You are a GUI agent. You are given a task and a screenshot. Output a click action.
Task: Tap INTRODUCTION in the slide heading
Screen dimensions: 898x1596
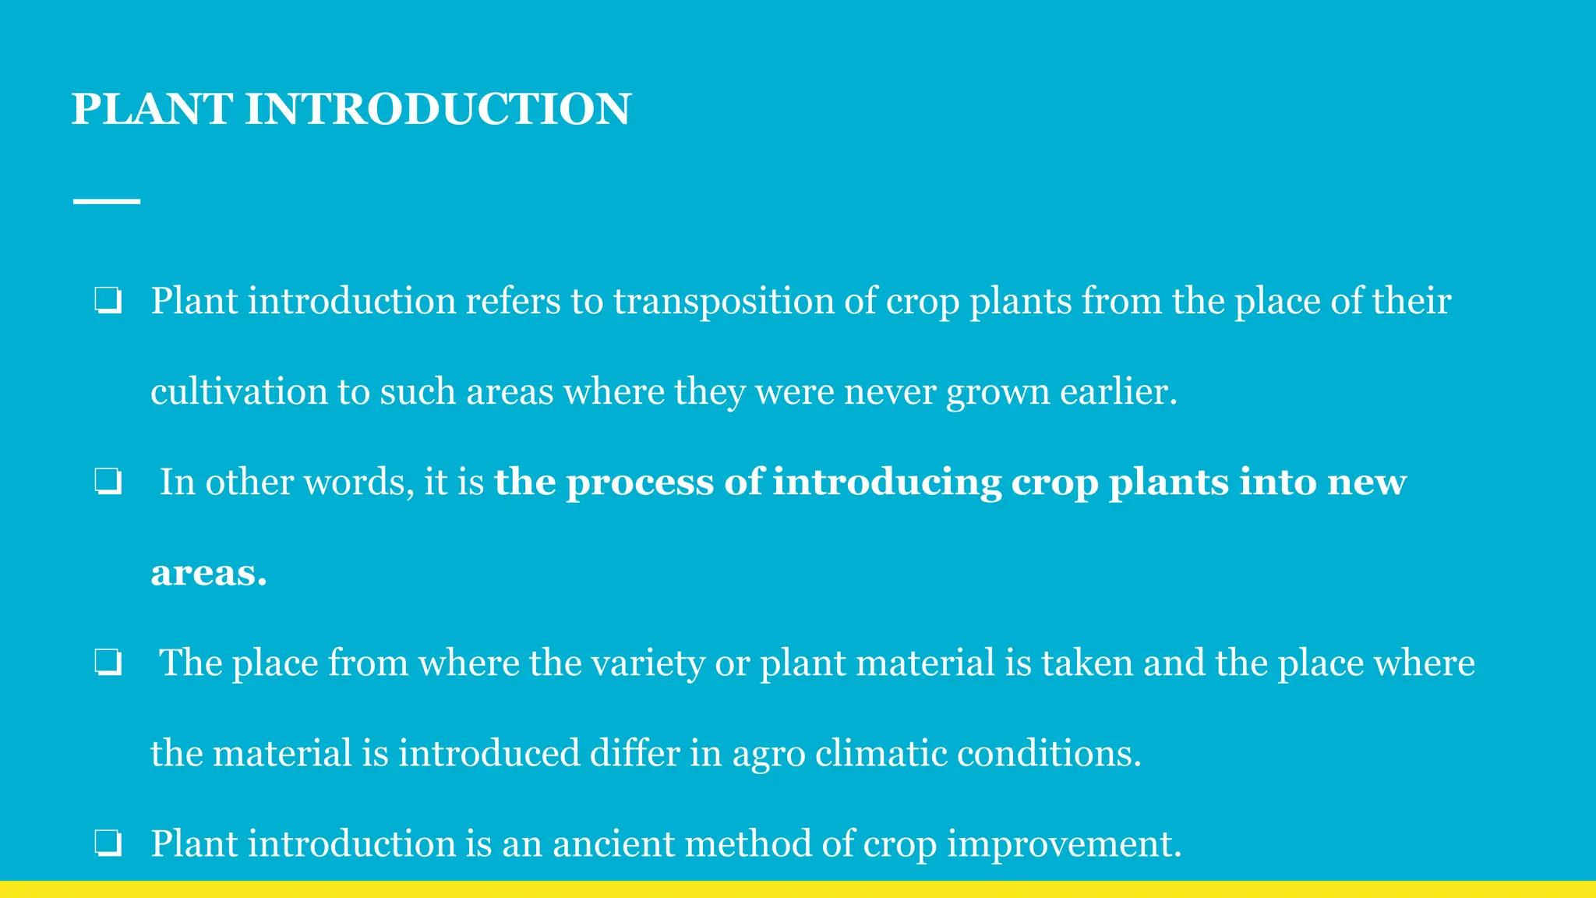(437, 108)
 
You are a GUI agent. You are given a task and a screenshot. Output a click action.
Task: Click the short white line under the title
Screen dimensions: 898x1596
(107, 201)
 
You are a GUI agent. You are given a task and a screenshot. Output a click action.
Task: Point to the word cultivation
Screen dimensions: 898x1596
(238, 391)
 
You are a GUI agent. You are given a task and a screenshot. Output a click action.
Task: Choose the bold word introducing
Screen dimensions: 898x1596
(886, 483)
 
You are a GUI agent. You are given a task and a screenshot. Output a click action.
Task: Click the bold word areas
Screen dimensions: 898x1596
(208, 573)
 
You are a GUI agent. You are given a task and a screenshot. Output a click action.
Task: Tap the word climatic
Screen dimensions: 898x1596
(881, 753)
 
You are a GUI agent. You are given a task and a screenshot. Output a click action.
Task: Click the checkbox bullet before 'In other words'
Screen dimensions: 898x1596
(108, 483)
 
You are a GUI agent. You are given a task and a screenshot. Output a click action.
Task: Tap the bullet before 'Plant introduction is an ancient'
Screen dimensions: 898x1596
(108, 843)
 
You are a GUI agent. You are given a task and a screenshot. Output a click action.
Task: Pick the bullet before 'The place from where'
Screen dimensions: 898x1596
(108, 663)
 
